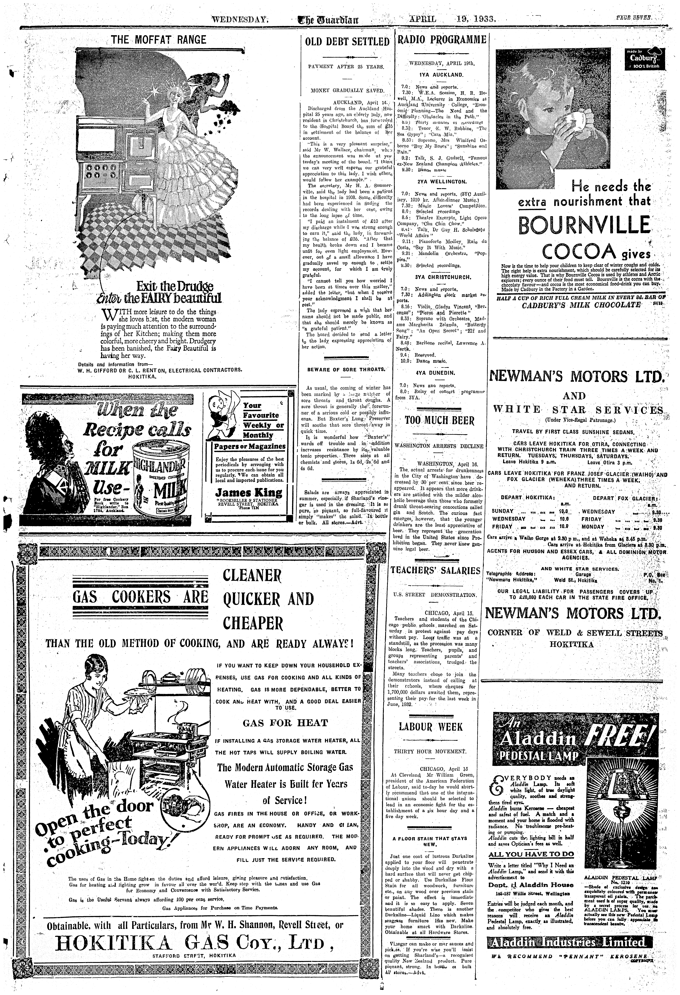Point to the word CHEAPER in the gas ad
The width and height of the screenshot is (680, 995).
click(253, 623)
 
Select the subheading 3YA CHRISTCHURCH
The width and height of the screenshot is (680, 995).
click(442, 277)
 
